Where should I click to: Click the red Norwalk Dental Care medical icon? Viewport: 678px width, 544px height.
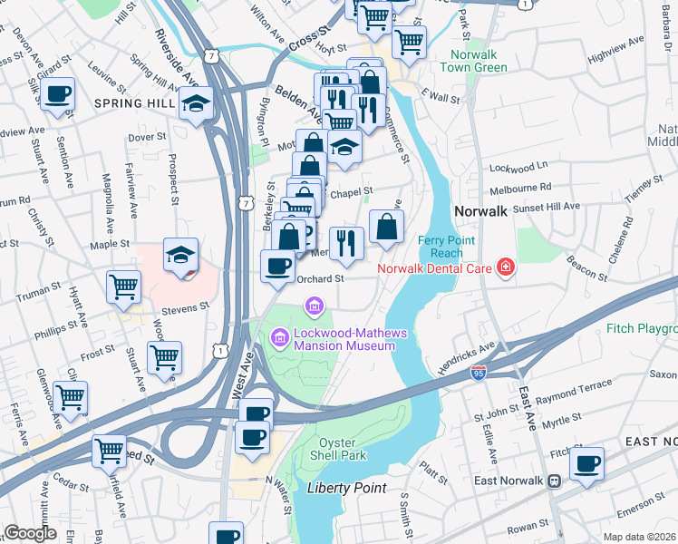[x=505, y=267]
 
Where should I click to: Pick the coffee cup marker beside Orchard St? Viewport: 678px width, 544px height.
[x=277, y=267]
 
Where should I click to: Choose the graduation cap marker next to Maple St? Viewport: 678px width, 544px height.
[x=180, y=255]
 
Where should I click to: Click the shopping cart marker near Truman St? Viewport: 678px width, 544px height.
[x=123, y=287]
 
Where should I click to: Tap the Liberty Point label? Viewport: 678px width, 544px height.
[x=347, y=488]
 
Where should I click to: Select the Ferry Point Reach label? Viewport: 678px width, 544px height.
[x=441, y=246]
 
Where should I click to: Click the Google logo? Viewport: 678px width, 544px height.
[x=30, y=533]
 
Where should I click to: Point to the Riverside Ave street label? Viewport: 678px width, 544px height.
[x=176, y=58]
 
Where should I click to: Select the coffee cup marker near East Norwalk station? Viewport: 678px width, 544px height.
[x=586, y=464]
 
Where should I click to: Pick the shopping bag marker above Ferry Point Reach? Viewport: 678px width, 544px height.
[x=386, y=228]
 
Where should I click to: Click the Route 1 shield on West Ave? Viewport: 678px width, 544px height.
[x=219, y=348]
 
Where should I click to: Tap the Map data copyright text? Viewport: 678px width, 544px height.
[x=638, y=537]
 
